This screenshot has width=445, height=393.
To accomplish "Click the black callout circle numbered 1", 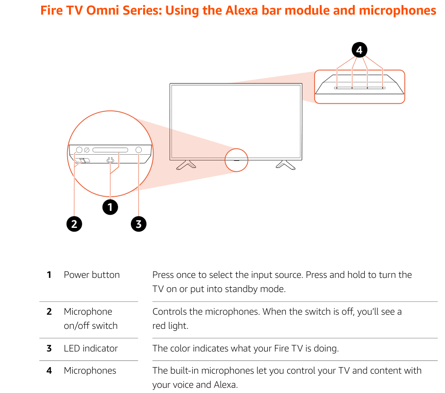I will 110,207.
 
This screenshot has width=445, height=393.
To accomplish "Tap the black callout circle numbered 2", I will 74,224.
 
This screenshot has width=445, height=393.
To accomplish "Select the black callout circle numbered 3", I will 138,224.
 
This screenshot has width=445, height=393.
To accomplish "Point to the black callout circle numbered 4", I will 359,50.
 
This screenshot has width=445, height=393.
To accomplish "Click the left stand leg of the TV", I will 186,164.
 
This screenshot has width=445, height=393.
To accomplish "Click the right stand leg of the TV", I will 286,164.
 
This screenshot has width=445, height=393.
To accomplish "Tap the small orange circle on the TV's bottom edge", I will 236,159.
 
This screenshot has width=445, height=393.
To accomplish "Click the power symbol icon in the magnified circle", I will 111,160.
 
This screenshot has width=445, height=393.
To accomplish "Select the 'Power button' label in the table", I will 92,275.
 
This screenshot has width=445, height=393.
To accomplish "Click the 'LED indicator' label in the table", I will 91,348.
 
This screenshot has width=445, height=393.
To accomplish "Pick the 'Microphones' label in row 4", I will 90,370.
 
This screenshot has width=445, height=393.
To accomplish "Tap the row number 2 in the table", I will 49,311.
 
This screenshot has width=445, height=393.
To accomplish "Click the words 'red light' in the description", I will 170,326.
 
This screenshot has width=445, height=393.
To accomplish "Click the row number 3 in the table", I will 49,348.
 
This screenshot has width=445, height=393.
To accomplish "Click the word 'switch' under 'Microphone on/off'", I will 104,326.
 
